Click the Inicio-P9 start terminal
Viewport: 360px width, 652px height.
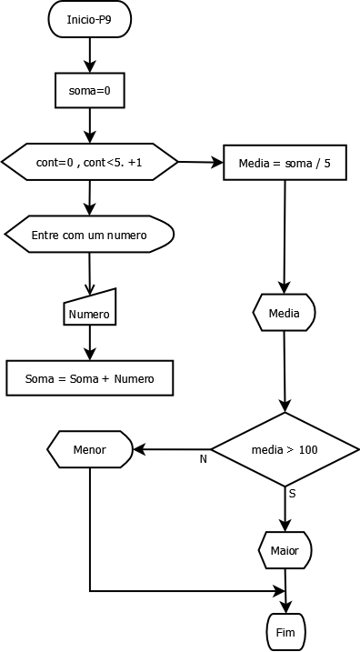pyautogui.click(x=89, y=19)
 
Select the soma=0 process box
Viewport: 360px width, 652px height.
pyautogui.click(x=89, y=90)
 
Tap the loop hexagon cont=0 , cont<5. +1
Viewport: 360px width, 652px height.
pyautogui.click(x=89, y=162)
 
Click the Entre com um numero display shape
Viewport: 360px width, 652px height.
pyautogui.click(x=89, y=235)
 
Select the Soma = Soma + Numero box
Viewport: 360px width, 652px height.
pyautogui.click(x=89, y=378)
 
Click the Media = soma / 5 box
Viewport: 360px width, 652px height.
pyautogui.click(x=285, y=163)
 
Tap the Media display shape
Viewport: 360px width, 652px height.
pyautogui.click(x=285, y=314)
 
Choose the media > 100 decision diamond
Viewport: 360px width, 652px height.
pyautogui.click(x=285, y=449)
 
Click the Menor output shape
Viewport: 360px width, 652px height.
pyautogui.click(x=90, y=449)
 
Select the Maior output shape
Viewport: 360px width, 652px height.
pyautogui.click(x=285, y=550)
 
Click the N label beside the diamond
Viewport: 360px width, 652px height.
pyautogui.click(x=204, y=459)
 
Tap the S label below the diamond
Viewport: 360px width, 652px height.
pyautogui.click(x=292, y=494)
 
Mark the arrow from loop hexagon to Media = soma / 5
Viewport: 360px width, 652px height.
pyautogui.click(x=200, y=163)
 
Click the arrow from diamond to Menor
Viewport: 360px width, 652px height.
pyautogui.click(x=173, y=449)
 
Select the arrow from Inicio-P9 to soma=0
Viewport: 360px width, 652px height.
pyautogui.click(x=89, y=55)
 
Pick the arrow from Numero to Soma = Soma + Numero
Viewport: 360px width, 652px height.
pyautogui.click(x=89, y=343)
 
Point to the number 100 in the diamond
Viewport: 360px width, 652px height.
pyautogui.click(x=308, y=449)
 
